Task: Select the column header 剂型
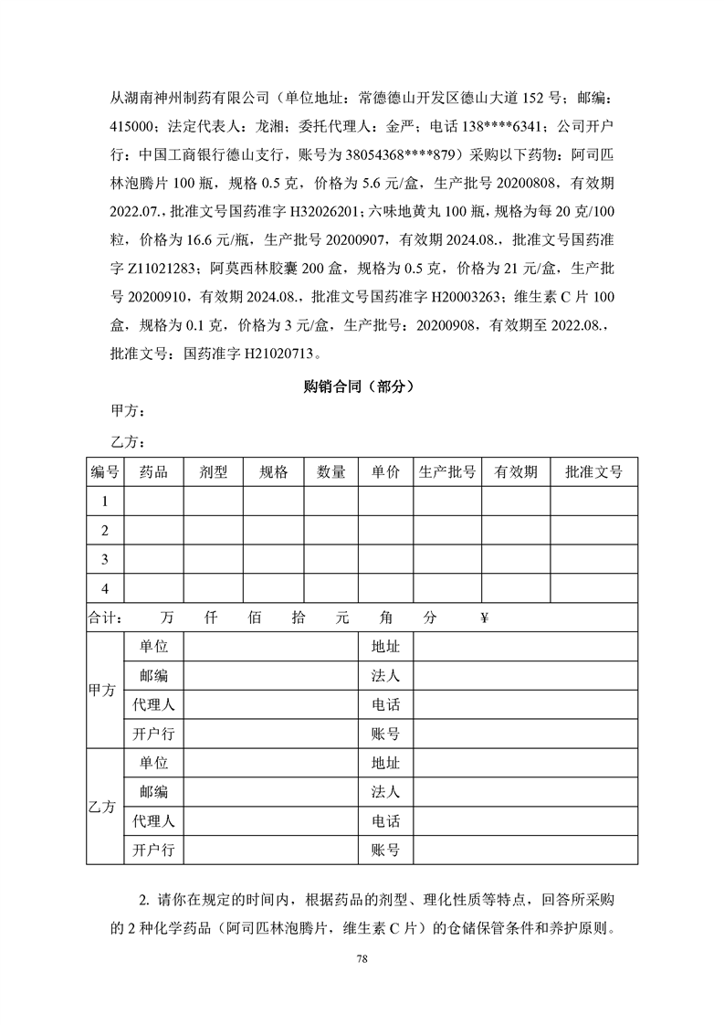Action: coord(213,472)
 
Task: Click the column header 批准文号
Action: coord(593,472)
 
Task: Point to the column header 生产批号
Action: coord(446,472)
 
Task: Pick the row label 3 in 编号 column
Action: coord(105,559)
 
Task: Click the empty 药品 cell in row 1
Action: coord(153,502)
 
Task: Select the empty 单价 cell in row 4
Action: coord(385,588)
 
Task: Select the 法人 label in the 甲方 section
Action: coord(385,676)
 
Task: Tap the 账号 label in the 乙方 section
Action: coord(385,851)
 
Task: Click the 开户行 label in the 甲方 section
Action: coord(153,734)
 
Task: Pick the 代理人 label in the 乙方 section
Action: coord(153,821)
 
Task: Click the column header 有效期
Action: coord(516,472)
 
